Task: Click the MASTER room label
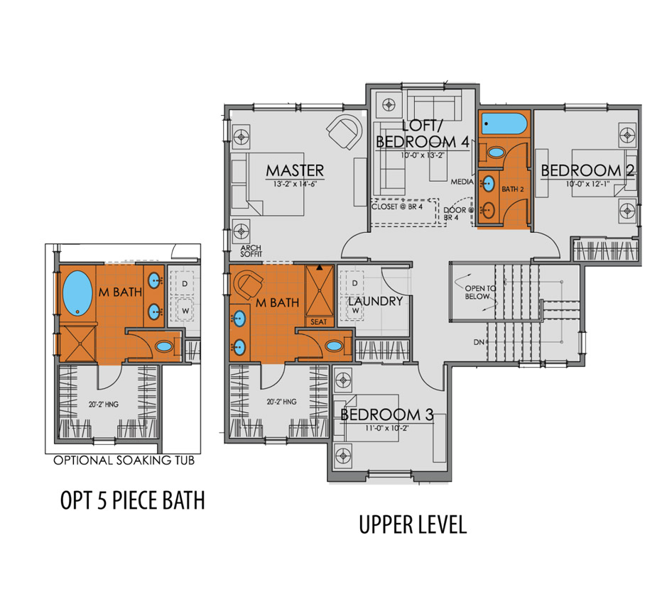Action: point(295,170)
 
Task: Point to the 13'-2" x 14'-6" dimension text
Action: point(295,185)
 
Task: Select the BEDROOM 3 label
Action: point(386,414)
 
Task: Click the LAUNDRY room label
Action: point(376,301)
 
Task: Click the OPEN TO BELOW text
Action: point(477,292)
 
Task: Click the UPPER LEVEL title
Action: point(412,525)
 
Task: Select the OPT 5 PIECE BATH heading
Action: point(132,500)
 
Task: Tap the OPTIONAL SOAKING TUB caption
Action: point(124,461)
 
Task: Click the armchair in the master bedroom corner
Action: point(345,131)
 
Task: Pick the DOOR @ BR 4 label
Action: point(453,214)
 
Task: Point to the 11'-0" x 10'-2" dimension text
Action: point(386,428)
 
